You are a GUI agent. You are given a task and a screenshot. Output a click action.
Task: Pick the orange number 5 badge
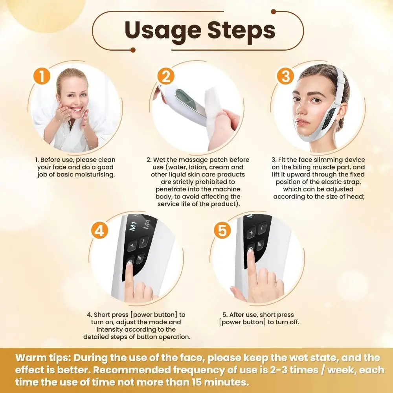[222, 231]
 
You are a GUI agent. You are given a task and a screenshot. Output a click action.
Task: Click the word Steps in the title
[241, 30]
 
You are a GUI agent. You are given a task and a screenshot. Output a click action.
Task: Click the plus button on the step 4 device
[132, 246]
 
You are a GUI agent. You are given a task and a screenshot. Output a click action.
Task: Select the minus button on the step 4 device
[143, 240]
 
